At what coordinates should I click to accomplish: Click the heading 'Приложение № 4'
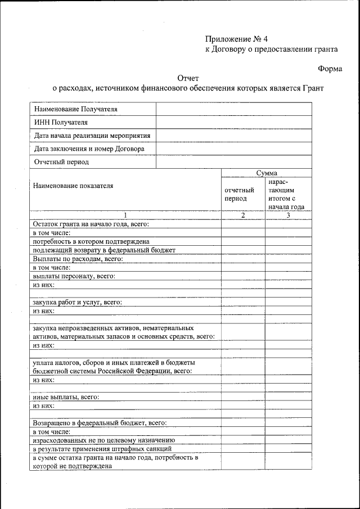237,39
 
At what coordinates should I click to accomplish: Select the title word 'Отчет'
188,78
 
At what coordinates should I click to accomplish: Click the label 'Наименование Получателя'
76,109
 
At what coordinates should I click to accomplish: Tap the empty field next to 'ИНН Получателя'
233,123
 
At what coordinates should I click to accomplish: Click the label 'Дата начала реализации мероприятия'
92,136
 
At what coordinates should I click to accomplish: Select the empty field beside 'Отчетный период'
233,162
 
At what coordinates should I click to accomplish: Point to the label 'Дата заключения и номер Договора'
89,149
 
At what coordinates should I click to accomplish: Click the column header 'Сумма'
266,173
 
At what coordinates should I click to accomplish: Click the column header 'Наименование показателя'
73,186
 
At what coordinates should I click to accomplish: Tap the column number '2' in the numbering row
243,215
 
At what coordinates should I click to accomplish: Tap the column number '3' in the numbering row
288,215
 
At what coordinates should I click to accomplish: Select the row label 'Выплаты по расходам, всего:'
78,259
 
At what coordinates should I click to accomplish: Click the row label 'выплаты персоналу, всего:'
74,276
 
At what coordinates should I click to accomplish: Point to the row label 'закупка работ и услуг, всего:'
78,302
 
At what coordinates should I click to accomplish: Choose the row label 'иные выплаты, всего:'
66,397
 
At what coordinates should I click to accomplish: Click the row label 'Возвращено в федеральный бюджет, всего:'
100,422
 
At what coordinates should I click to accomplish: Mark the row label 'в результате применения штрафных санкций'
102,449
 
